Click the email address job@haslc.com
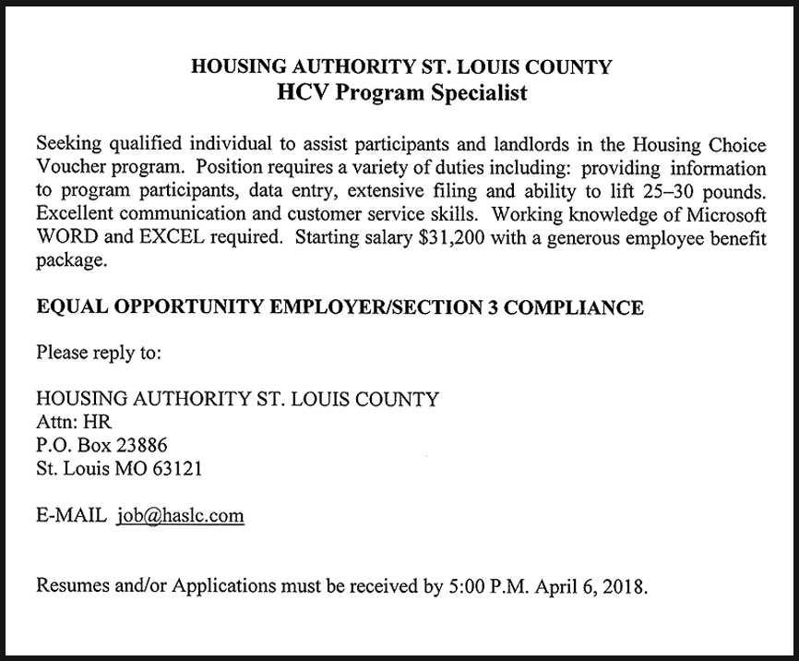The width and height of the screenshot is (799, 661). click(181, 516)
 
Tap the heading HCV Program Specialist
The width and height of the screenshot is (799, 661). click(401, 93)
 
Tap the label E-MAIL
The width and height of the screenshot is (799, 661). click(71, 516)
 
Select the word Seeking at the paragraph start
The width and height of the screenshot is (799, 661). click(70, 145)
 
